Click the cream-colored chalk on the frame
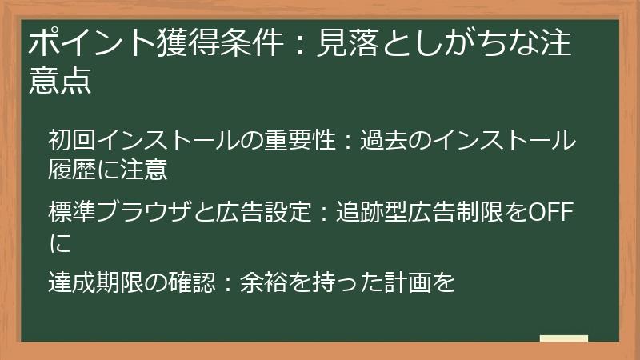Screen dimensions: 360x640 pos(563,339)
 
